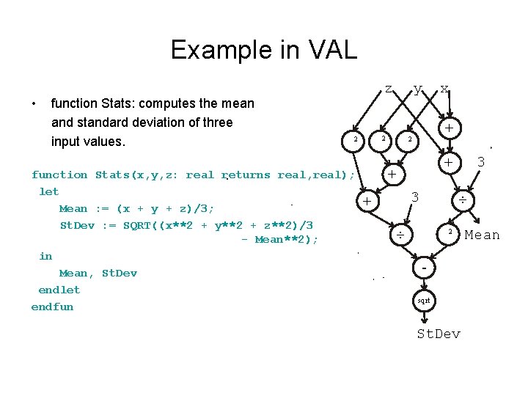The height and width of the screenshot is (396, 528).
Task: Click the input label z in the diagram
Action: (x=388, y=89)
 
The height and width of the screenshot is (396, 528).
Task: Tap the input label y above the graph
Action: (x=417, y=89)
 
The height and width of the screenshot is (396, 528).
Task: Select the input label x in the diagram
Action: (x=444, y=89)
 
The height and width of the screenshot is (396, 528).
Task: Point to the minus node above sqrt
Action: (x=425, y=270)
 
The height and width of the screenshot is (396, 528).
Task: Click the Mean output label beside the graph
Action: (x=482, y=235)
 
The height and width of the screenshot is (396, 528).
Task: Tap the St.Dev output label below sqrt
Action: (x=439, y=334)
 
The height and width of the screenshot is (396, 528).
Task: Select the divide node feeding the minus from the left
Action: (x=400, y=235)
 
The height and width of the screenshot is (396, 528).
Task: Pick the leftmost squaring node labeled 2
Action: (x=355, y=139)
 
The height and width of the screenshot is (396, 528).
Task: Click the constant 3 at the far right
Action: (x=481, y=161)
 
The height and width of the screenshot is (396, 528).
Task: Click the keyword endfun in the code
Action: (x=52, y=307)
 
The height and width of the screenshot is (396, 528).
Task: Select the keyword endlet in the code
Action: (x=59, y=290)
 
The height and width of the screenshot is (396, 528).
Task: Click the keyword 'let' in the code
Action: (x=48, y=191)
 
